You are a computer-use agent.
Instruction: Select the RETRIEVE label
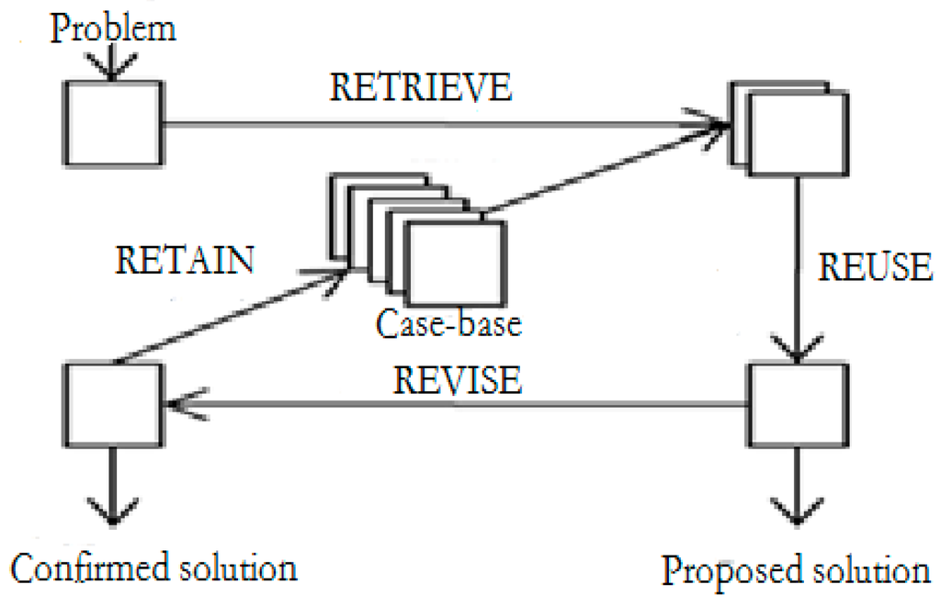[x=421, y=88]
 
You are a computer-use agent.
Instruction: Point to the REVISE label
[x=459, y=380]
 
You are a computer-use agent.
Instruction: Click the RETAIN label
[x=185, y=260]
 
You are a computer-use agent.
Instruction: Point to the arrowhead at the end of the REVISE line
[x=180, y=404]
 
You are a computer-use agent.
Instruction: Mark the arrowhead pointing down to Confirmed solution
[x=112, y=513]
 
